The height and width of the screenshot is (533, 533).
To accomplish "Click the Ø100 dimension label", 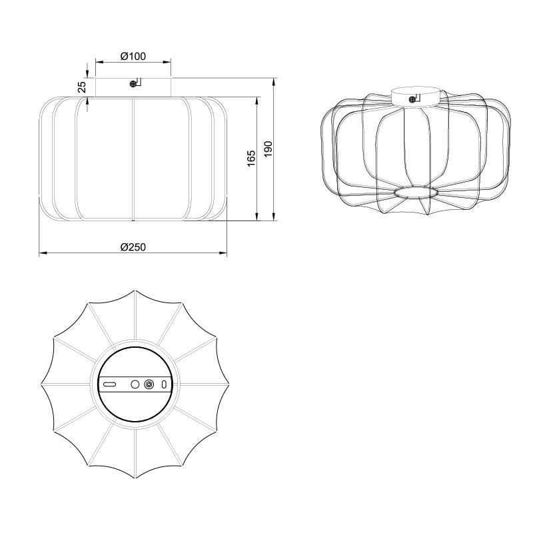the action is (133, 56).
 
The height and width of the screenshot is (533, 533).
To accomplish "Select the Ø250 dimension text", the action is (133, 247).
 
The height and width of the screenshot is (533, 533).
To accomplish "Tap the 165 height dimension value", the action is (251, 159).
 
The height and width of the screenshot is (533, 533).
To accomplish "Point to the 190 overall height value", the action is (268, 149).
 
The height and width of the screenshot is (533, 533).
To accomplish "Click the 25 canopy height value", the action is (82, 87).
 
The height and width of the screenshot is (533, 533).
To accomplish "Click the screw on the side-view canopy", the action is (133, 84).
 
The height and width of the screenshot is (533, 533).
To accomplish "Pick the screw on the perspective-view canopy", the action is (412, 99).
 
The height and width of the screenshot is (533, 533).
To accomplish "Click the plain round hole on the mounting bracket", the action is (135, 384).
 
